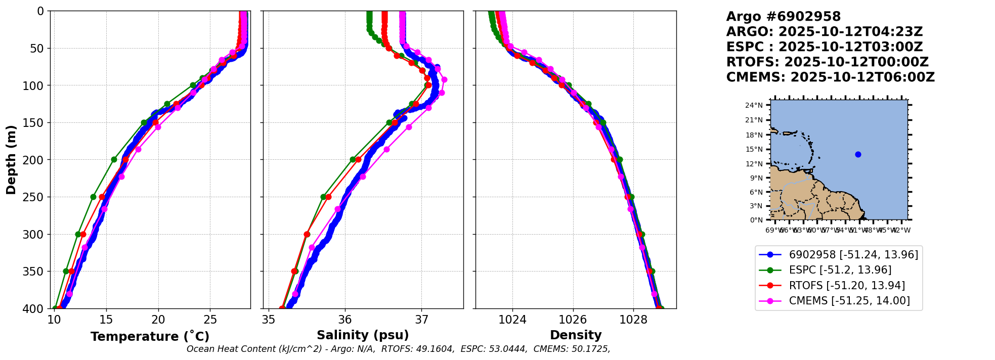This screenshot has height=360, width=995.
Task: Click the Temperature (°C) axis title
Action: coord(150,337)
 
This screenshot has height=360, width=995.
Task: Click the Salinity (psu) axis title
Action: coord(363,335)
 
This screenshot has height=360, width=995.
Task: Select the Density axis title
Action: coord(576,335)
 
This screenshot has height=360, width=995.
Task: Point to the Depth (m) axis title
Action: coord(11,160)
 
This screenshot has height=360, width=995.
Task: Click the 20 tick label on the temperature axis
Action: coord(158,320)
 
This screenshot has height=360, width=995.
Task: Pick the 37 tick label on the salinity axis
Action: coord(421,320)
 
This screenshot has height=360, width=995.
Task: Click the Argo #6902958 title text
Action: coord(783,17)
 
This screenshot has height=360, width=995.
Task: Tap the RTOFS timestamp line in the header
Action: coord(827,62)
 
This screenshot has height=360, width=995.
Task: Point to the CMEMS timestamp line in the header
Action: coord(830,77)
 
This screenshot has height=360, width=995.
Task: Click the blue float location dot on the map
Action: coord(858,154)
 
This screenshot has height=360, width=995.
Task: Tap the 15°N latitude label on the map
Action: coord(754,150)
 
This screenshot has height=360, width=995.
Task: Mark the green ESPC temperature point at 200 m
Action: coord(114,160)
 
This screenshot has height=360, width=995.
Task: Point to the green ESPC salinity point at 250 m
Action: coord(323,197)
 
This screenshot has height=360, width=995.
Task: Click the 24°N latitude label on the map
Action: coord(754,106)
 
